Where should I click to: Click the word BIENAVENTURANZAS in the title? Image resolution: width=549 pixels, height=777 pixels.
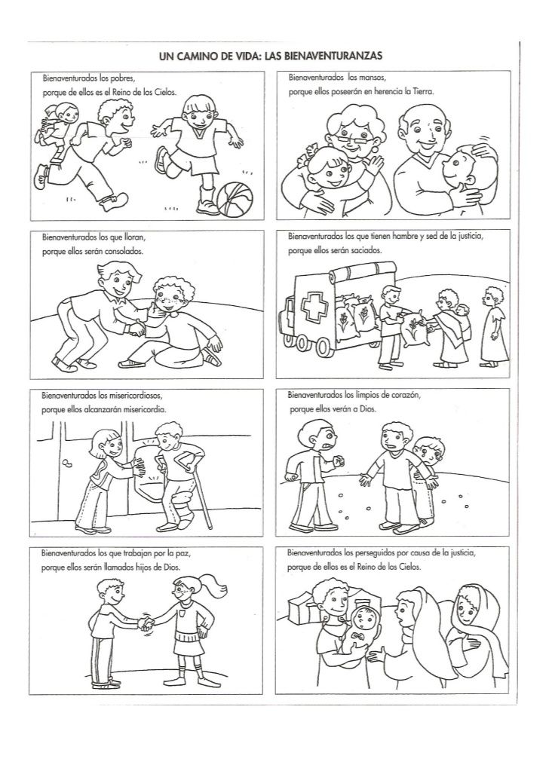click(x=334, y=57)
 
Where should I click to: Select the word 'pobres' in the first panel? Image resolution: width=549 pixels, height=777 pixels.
click(x=123, y=78)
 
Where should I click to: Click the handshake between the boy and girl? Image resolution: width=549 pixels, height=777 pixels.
click(x=146, y=623)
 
